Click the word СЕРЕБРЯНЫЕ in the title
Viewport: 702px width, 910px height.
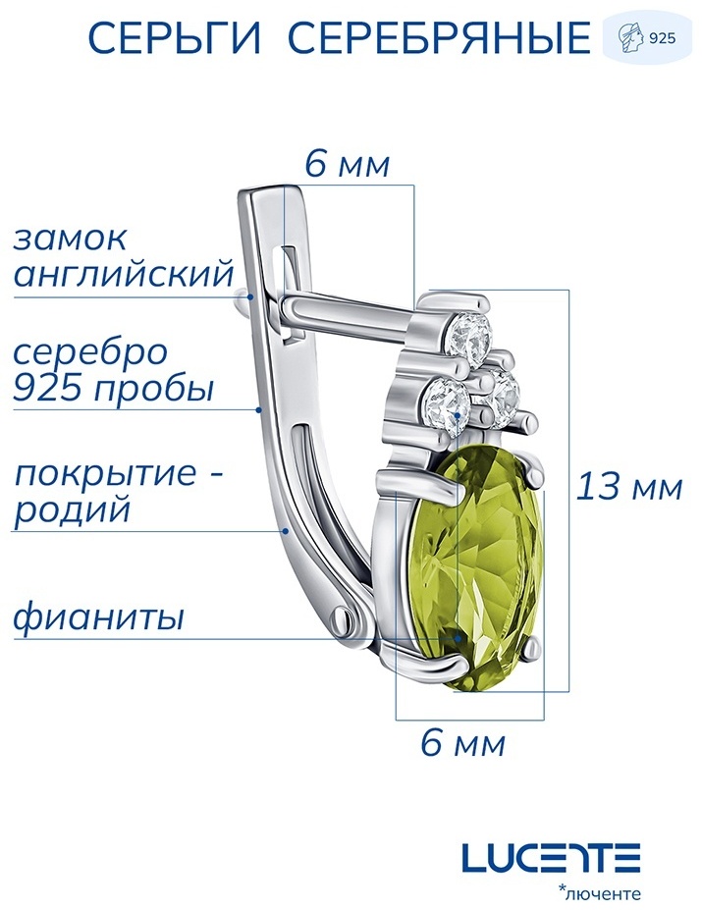click(440, 38)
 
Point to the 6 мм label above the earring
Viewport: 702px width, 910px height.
click(348, 164)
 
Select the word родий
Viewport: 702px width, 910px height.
click(72, 511)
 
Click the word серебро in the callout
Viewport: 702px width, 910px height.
click(90, 352)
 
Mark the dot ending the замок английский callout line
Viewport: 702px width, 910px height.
click(250, 296)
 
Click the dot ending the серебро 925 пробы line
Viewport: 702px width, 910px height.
click(259, 409)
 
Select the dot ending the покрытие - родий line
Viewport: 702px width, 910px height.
click(285, 530)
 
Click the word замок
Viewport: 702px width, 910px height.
click(69, 238)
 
